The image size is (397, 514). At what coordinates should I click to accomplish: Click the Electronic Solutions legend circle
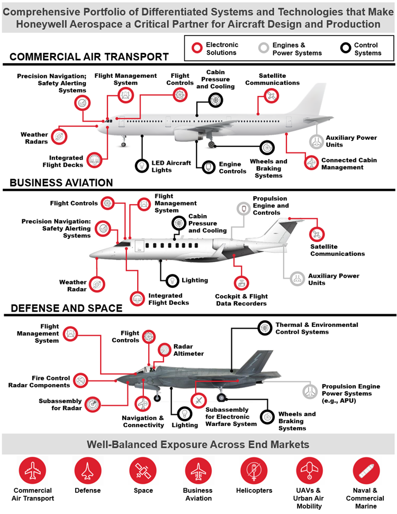pyautogui.click(x=197, y=48)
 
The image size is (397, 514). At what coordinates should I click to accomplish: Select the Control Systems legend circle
pyautogui.click(x=346, y=48)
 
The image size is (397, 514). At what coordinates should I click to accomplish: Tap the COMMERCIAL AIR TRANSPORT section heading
pyautogui.click(x=89, y=57)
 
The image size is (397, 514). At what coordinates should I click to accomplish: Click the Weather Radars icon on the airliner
pyautogui.click(x=60, y=136)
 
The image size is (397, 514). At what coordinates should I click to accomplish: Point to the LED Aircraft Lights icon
pyautogui.click(x=142, y=166)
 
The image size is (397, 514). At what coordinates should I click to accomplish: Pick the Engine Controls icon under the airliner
pyautogui.click(x=209, y=167)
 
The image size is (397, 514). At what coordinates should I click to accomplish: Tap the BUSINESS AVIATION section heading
pyautogui.click(x=61, y=183)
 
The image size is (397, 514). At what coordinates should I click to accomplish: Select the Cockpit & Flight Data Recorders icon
pyautogui.click(x=241, y=283)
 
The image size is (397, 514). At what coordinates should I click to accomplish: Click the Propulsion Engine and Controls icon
pyautogui.click(x=243, y=209)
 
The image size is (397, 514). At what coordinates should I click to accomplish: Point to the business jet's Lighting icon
pyautogui.click(x=173, y=280)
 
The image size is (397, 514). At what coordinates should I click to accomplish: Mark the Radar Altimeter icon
pyautogui.click(x=165, y=350)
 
